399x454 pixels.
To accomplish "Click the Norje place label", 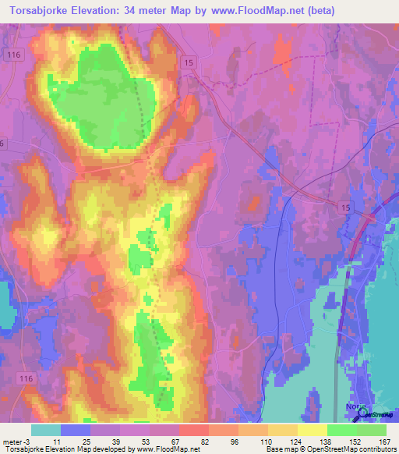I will click(x=354, y=406).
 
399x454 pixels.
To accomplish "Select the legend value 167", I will click(x=381, y=441).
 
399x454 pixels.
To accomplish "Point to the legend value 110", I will click(x=255, y=441).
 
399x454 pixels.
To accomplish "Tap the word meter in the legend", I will click(x=10, y=441).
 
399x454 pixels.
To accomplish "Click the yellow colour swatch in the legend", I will click(x=312, y=430).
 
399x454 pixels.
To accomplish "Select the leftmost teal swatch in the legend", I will click(x=45, y=430).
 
